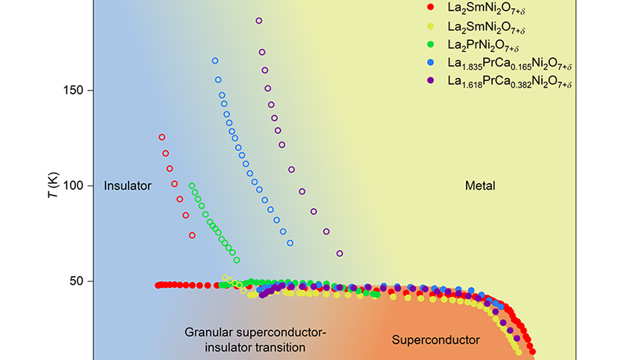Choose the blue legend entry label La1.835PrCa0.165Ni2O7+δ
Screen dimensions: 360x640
pyautogui.click(x=509, y=65)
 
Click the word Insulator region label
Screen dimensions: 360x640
pyautogui.click(x=128, y=185)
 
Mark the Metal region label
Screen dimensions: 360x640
pyautogui.click(x=480, y=185)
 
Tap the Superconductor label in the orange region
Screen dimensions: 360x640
pyautogui.click(x=435, y=340)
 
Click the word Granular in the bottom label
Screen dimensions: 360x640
pyautogui.click(x=206, y=332)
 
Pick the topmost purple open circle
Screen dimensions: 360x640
pyautogui.click(x=259, y=21)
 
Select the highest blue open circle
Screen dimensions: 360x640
pyautogui.click(x=215, y=61)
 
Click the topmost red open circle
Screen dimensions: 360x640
pyautogui.click(x=161, y=137)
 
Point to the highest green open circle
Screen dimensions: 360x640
pyautogui.click(x=192, y=186)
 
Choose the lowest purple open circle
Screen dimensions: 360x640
pyautogui.click(x=339, y=254)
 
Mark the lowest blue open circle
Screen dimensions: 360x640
pyautogui.click(x=290, y=243)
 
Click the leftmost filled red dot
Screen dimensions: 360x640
pyautogui.click(x=158, y=285)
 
